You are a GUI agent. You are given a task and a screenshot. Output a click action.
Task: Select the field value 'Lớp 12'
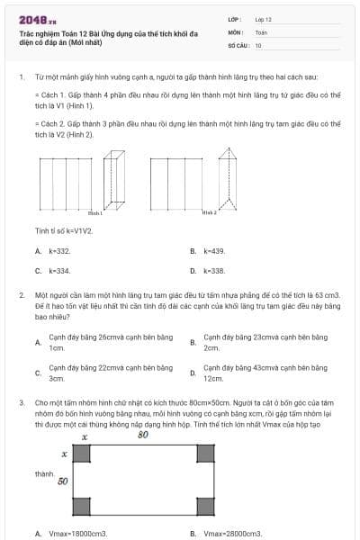(x=264, y=18)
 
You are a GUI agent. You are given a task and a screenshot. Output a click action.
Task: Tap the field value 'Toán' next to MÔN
(x=261, y=31)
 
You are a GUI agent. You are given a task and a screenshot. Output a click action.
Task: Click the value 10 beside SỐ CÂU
(x=258, y=44)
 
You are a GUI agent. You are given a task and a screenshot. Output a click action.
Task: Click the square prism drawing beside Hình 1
(x=112, y=180)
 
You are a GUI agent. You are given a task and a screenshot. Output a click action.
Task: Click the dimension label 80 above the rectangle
(x=142, y=436)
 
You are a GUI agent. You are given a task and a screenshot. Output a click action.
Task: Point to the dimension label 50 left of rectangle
(x=63, y=481)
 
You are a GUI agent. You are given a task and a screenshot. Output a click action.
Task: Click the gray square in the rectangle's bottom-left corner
(x=82, y=507)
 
